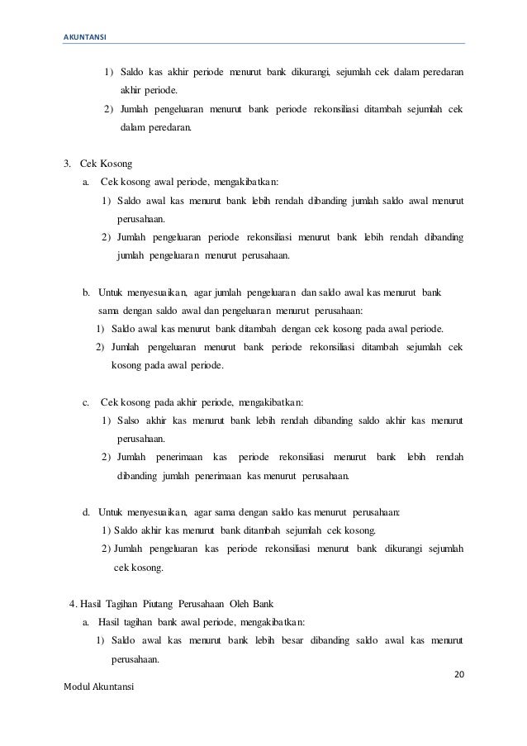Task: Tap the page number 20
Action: coord(460,674)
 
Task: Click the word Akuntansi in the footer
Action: coord(114,687)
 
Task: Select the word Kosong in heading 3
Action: coord(118,161)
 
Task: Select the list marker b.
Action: coord(86,292)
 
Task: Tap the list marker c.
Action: coord(86,403)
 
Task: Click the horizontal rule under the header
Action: coord(263,44)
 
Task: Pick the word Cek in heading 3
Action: coord(90,161)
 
